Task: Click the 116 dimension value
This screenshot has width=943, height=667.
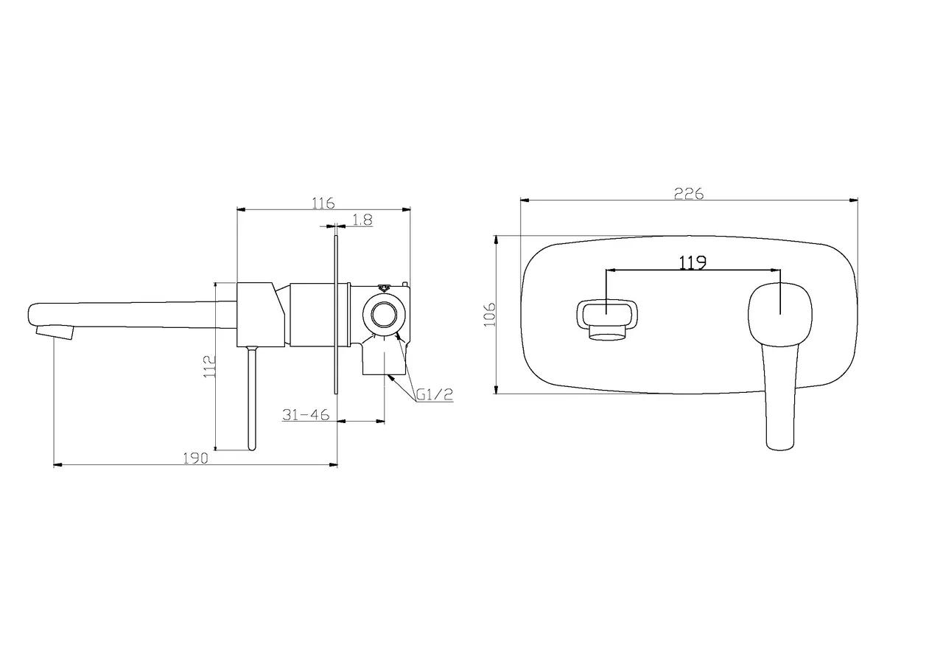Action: (323, 203)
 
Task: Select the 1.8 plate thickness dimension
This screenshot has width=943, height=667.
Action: (362, 220)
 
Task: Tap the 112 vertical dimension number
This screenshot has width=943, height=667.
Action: (209, 366)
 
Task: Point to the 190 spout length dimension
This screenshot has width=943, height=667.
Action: (195, 458)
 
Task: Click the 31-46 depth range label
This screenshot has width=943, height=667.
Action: (306, 415)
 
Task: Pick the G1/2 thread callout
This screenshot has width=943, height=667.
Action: (435, 394)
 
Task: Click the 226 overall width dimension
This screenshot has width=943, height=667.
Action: (689, 193)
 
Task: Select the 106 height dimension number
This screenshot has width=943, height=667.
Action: (490, 314)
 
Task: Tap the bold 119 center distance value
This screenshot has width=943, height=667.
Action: (693, 263)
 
